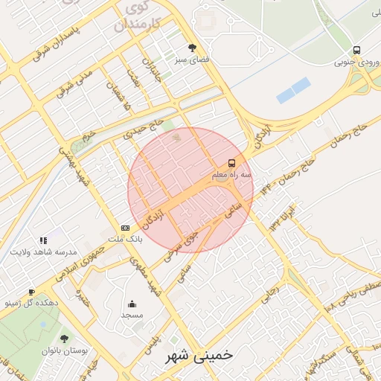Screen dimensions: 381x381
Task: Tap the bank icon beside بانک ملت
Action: click(x=125, y=228)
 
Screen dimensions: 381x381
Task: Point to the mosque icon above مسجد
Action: click(x=132, y=304)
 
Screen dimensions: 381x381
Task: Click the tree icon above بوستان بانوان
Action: click(x=64, y=338)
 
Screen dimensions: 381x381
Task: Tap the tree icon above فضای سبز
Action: click(x=193, y=48)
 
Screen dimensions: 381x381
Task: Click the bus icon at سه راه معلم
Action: click(x=231, y=163)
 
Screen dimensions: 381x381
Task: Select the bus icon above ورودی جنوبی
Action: click(x=358, y=50)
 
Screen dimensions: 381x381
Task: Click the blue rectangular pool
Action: click(x=292, y=91)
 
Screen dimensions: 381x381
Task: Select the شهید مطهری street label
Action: click(x=145, y=275)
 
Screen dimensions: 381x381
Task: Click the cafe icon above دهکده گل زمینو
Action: click(x=31, y=292)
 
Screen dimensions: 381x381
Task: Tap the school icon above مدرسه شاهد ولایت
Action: click(x=43, y=240)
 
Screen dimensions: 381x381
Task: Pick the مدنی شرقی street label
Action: click(x=76, y=84)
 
